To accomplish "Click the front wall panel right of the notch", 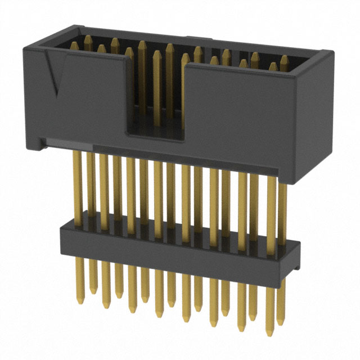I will coord(242,112).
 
